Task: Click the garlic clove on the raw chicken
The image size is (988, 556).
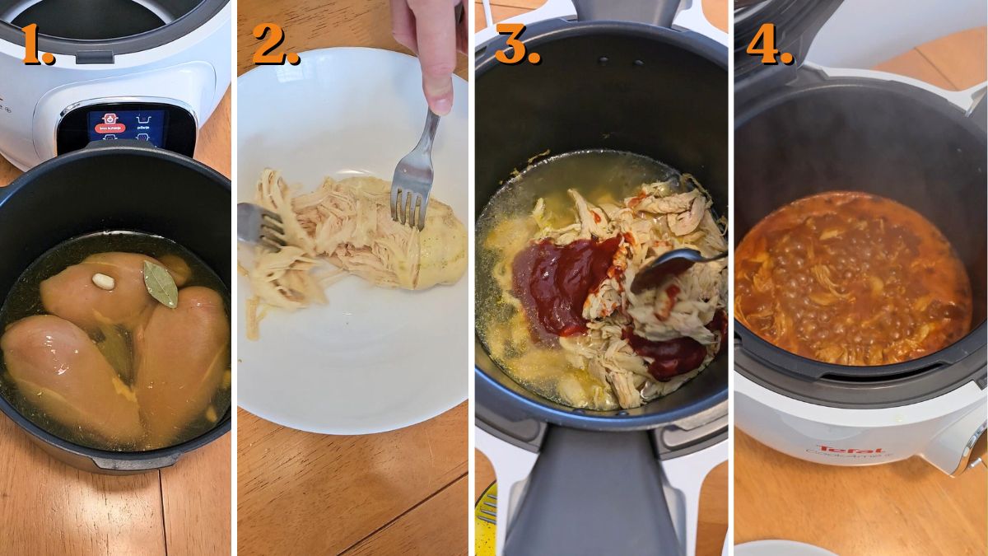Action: [103, 281]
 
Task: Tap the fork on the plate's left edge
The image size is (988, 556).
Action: [259, 224]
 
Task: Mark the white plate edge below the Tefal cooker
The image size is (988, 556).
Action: [770, 548]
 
